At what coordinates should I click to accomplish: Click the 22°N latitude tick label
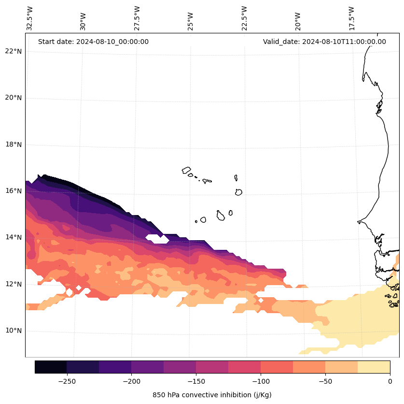13,51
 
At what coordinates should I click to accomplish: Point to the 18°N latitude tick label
13,144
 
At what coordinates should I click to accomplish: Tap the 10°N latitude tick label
13,331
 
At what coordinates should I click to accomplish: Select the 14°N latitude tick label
13,237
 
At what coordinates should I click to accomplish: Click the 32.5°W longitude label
30,18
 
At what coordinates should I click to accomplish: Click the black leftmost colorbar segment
51,367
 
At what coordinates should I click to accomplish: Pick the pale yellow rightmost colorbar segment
374,367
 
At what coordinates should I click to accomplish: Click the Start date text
93,42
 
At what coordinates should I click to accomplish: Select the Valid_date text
324,42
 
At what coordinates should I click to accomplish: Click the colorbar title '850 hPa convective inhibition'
212,395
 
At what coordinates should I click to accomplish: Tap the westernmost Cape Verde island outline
186,170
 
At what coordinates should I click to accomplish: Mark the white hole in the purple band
157,238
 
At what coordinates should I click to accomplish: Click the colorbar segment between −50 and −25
341,367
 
